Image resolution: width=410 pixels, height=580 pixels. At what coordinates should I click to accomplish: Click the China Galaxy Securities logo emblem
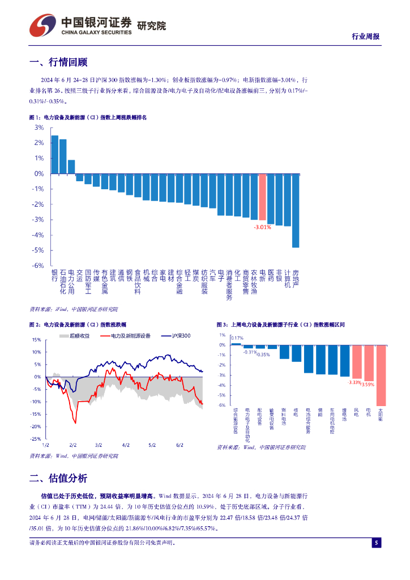click(43, 24)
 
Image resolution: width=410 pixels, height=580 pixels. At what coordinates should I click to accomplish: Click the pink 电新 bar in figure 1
click(262, 197)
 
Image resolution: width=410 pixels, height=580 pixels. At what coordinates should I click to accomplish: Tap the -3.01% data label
click(262, 227)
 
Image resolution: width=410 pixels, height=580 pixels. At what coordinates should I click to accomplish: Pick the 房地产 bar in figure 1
click(296, 211)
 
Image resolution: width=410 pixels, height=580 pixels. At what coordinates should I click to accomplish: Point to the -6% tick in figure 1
click(39, 265)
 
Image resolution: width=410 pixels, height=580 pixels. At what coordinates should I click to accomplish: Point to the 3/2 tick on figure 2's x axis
click(99, 445)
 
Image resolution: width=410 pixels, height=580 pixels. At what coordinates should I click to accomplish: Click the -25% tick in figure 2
click(35, 439)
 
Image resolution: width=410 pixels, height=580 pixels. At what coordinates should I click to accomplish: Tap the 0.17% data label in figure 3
click(237, 338)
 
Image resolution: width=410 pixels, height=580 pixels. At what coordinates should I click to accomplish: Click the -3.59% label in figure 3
click(369, 385)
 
